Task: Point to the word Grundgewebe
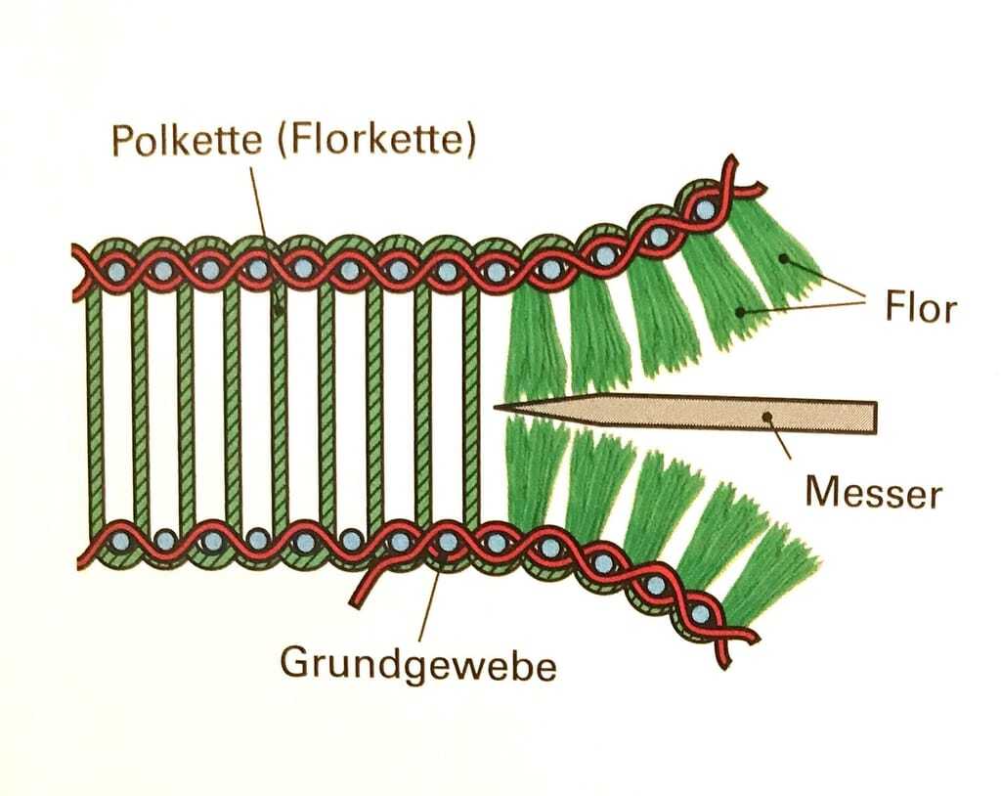pos(418,664)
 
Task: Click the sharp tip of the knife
pos(497,405)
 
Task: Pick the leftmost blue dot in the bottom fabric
pos(117,539)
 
